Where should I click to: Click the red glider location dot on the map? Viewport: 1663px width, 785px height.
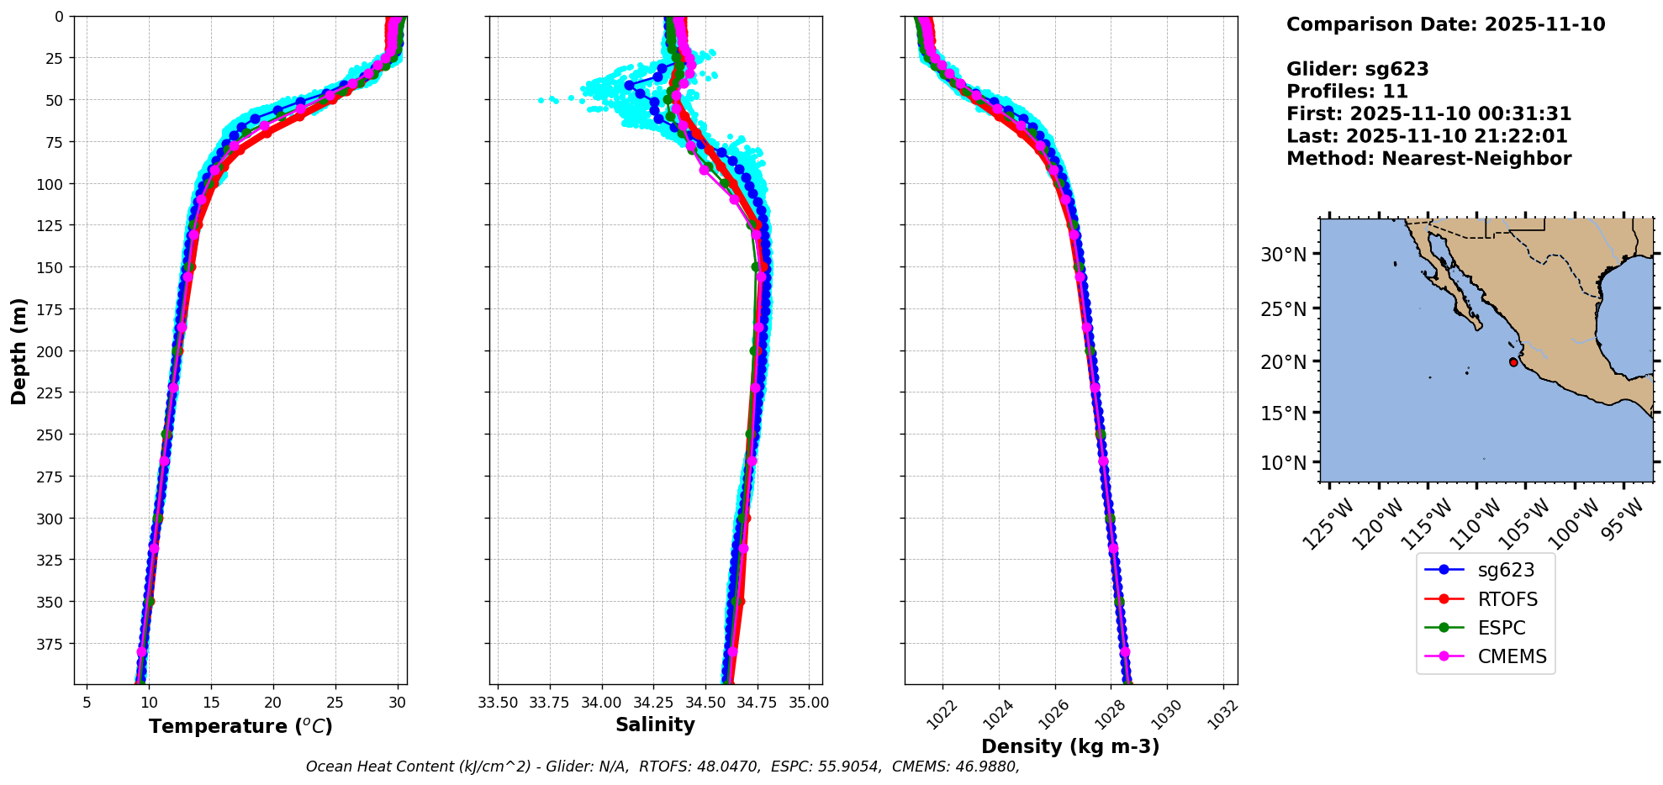tap(1513, 362)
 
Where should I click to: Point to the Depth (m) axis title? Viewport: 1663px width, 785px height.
tap(18, 350)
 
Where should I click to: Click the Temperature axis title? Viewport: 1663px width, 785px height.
tap(240, 726)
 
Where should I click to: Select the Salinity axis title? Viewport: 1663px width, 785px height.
tap(655, 724)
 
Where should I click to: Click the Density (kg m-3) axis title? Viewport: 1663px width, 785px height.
tap(1070, 746)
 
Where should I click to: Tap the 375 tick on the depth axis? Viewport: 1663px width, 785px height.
tap(51, 644)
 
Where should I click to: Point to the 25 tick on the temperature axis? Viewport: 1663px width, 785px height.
tap(335, 702)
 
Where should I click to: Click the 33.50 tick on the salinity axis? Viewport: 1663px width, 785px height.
tap(498, 702)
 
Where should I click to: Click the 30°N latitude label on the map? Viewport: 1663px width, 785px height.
tap(1283, 254)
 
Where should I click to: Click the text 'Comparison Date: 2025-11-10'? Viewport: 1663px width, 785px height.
tap(1445, 24)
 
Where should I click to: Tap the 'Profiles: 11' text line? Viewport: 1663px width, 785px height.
tap(1347, 92)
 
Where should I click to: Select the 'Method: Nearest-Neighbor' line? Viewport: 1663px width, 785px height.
tap(1428, 159)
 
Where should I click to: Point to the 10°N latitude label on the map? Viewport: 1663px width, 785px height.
tap(1283, 463)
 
